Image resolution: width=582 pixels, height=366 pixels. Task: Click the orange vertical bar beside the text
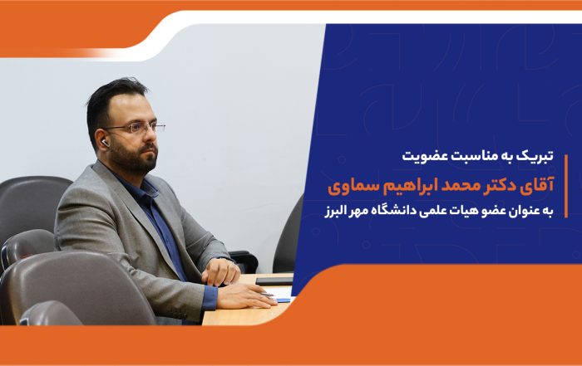[x=566, y=186]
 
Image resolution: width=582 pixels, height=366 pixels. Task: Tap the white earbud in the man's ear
[x=105, y=143]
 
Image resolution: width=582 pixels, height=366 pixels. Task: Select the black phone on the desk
[x=274, y=281]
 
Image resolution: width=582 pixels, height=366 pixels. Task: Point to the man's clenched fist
[x=221, y=271]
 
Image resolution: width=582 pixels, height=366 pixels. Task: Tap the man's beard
[x=135, y=158]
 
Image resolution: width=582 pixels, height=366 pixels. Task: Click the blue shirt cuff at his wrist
[x=210, y=298]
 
